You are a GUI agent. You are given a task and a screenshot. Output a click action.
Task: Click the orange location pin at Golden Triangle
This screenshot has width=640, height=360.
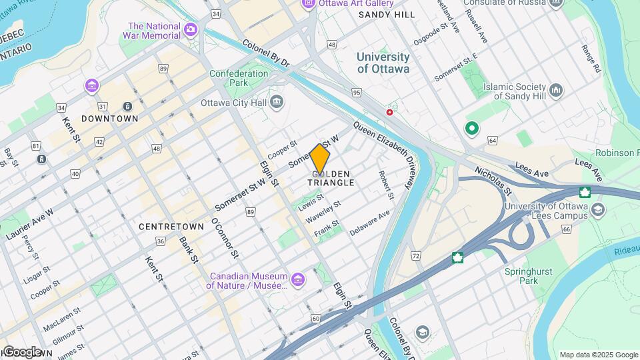(320, 159)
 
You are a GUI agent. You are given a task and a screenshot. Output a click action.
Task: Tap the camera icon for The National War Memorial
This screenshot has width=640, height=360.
(191, 29)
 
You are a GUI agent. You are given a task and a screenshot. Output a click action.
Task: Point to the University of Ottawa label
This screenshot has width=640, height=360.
(383, 63)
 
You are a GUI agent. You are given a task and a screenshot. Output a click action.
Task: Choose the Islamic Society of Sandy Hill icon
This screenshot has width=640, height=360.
(556, 90)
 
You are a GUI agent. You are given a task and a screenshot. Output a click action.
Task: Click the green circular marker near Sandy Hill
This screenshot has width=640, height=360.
(473, 128)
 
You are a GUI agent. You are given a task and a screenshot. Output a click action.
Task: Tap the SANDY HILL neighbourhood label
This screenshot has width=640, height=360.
(387, 15)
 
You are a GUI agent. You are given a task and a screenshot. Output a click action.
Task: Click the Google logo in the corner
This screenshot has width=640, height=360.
(21, 352)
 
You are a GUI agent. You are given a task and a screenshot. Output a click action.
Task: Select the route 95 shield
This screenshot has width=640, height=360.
(357, 93)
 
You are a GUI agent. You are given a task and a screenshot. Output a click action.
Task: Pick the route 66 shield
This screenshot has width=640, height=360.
(566, 229)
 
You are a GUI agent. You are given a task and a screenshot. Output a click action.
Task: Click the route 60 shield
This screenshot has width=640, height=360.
(315, 319)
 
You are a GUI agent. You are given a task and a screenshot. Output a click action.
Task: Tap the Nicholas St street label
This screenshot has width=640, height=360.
(493, 181)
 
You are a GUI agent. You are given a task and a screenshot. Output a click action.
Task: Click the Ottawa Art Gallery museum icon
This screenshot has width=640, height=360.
(308, 4)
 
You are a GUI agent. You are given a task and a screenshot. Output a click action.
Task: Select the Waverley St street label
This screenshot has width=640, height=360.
(327, 209)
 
